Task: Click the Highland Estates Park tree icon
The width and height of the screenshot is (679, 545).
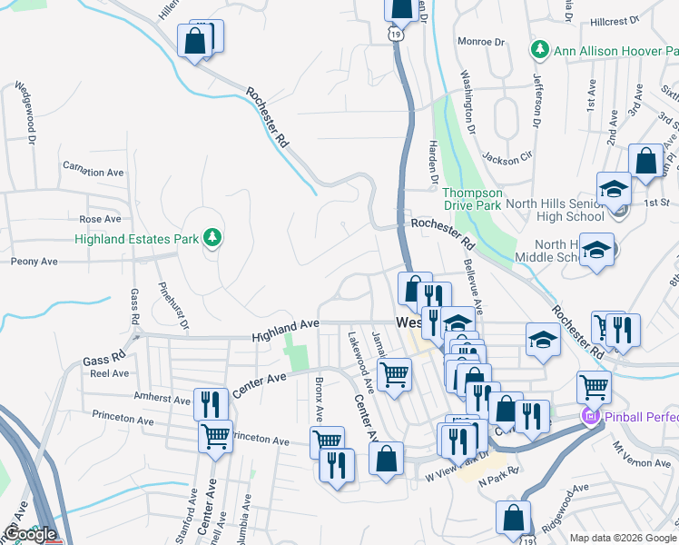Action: [x=213, y=238]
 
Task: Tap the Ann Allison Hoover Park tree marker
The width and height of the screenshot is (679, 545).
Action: [x=540, y=48]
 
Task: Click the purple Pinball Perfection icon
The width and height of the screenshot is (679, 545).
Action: [x=589, y=417]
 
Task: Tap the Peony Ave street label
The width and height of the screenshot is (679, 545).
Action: [x=34, y=261]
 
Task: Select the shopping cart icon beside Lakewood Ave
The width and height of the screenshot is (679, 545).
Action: [x=394, y=372]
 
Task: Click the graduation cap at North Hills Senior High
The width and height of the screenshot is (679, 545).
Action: [x=614, y=188]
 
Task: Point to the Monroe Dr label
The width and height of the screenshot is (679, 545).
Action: [x=480, y=42]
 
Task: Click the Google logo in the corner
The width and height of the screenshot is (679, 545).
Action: [x=30, y=534]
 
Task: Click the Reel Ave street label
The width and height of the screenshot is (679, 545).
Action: [x=109, y=373]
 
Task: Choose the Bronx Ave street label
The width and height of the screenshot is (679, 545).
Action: [x=319, y=400]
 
